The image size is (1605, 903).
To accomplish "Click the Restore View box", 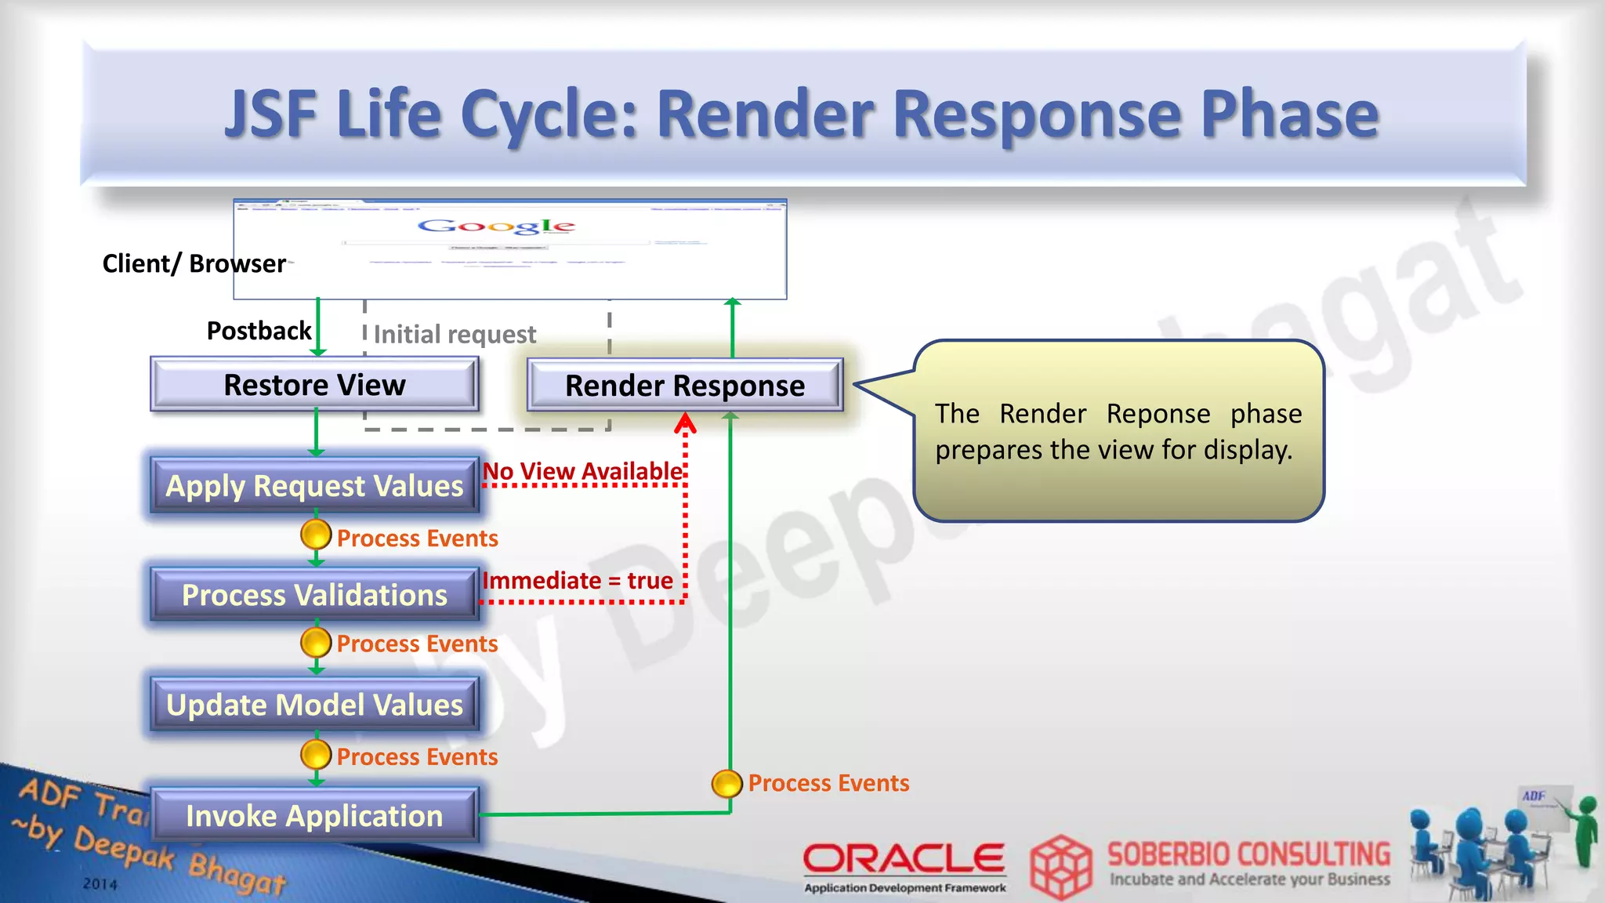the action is pos(314,385).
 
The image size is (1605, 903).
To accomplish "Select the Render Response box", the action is pos(685,386).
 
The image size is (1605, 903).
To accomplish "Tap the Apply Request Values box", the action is pos(314,486).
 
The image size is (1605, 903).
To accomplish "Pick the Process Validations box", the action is pos(314,595).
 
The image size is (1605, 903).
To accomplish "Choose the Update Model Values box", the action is pos(314,705).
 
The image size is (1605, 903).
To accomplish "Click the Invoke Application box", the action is pos(314,816).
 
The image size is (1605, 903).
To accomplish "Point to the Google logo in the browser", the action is pos(497,227).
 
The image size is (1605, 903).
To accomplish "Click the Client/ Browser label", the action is pos(194,263).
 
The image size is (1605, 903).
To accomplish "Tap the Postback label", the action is pos(259,331).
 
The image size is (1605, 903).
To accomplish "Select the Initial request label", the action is pos(455,335).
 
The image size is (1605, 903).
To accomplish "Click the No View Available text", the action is pos(582,471).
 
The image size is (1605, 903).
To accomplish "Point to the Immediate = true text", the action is pos(578,581).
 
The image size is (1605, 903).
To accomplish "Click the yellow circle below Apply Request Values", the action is pos(316,535).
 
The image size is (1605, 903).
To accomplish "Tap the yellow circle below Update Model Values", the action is pos(316,755).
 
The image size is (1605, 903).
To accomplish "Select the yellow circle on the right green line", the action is pos(727,783).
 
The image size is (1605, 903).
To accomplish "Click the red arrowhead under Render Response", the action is pos(685,424).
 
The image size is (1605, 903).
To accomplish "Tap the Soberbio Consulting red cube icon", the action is pos(1060,867).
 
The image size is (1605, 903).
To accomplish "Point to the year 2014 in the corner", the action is pos(100,884).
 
